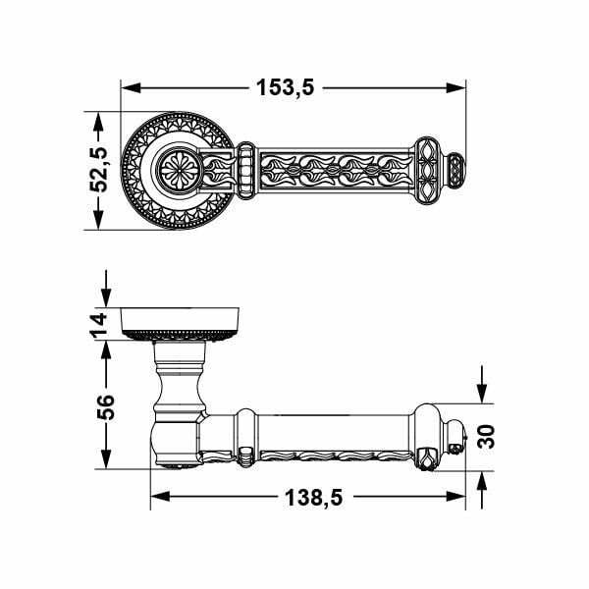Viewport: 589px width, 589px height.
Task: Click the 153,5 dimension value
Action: coord(285,87)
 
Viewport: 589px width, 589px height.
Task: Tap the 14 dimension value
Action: coord(100,324)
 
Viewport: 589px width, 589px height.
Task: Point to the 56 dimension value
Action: coord(102,405)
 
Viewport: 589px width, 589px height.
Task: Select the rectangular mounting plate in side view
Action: coord(182,319)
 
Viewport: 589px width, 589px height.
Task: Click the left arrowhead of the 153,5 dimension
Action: coord(128,87)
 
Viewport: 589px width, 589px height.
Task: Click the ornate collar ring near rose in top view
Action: coord(245,170)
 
